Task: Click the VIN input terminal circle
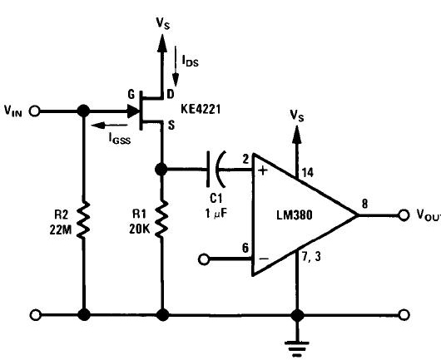pos(35,111)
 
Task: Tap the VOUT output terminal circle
pos(404,215)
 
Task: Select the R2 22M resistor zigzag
pos(83,219)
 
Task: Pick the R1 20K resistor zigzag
pos(161,219)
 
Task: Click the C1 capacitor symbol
pos(216,169)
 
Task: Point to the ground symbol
pos(297,348)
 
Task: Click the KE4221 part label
pos(201,109)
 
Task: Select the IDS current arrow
pos(176,67)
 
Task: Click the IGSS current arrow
pos(109,126)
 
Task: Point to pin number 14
pos(308,172)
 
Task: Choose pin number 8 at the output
pos(364,204)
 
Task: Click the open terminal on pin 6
pos(204,259)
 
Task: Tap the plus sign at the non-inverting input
pos(263,170)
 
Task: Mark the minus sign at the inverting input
pos(264,259)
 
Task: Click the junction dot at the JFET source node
pos(161,170)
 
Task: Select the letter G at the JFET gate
pos(131,95)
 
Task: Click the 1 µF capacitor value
pos(216,214)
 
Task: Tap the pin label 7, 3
pos(311,256)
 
